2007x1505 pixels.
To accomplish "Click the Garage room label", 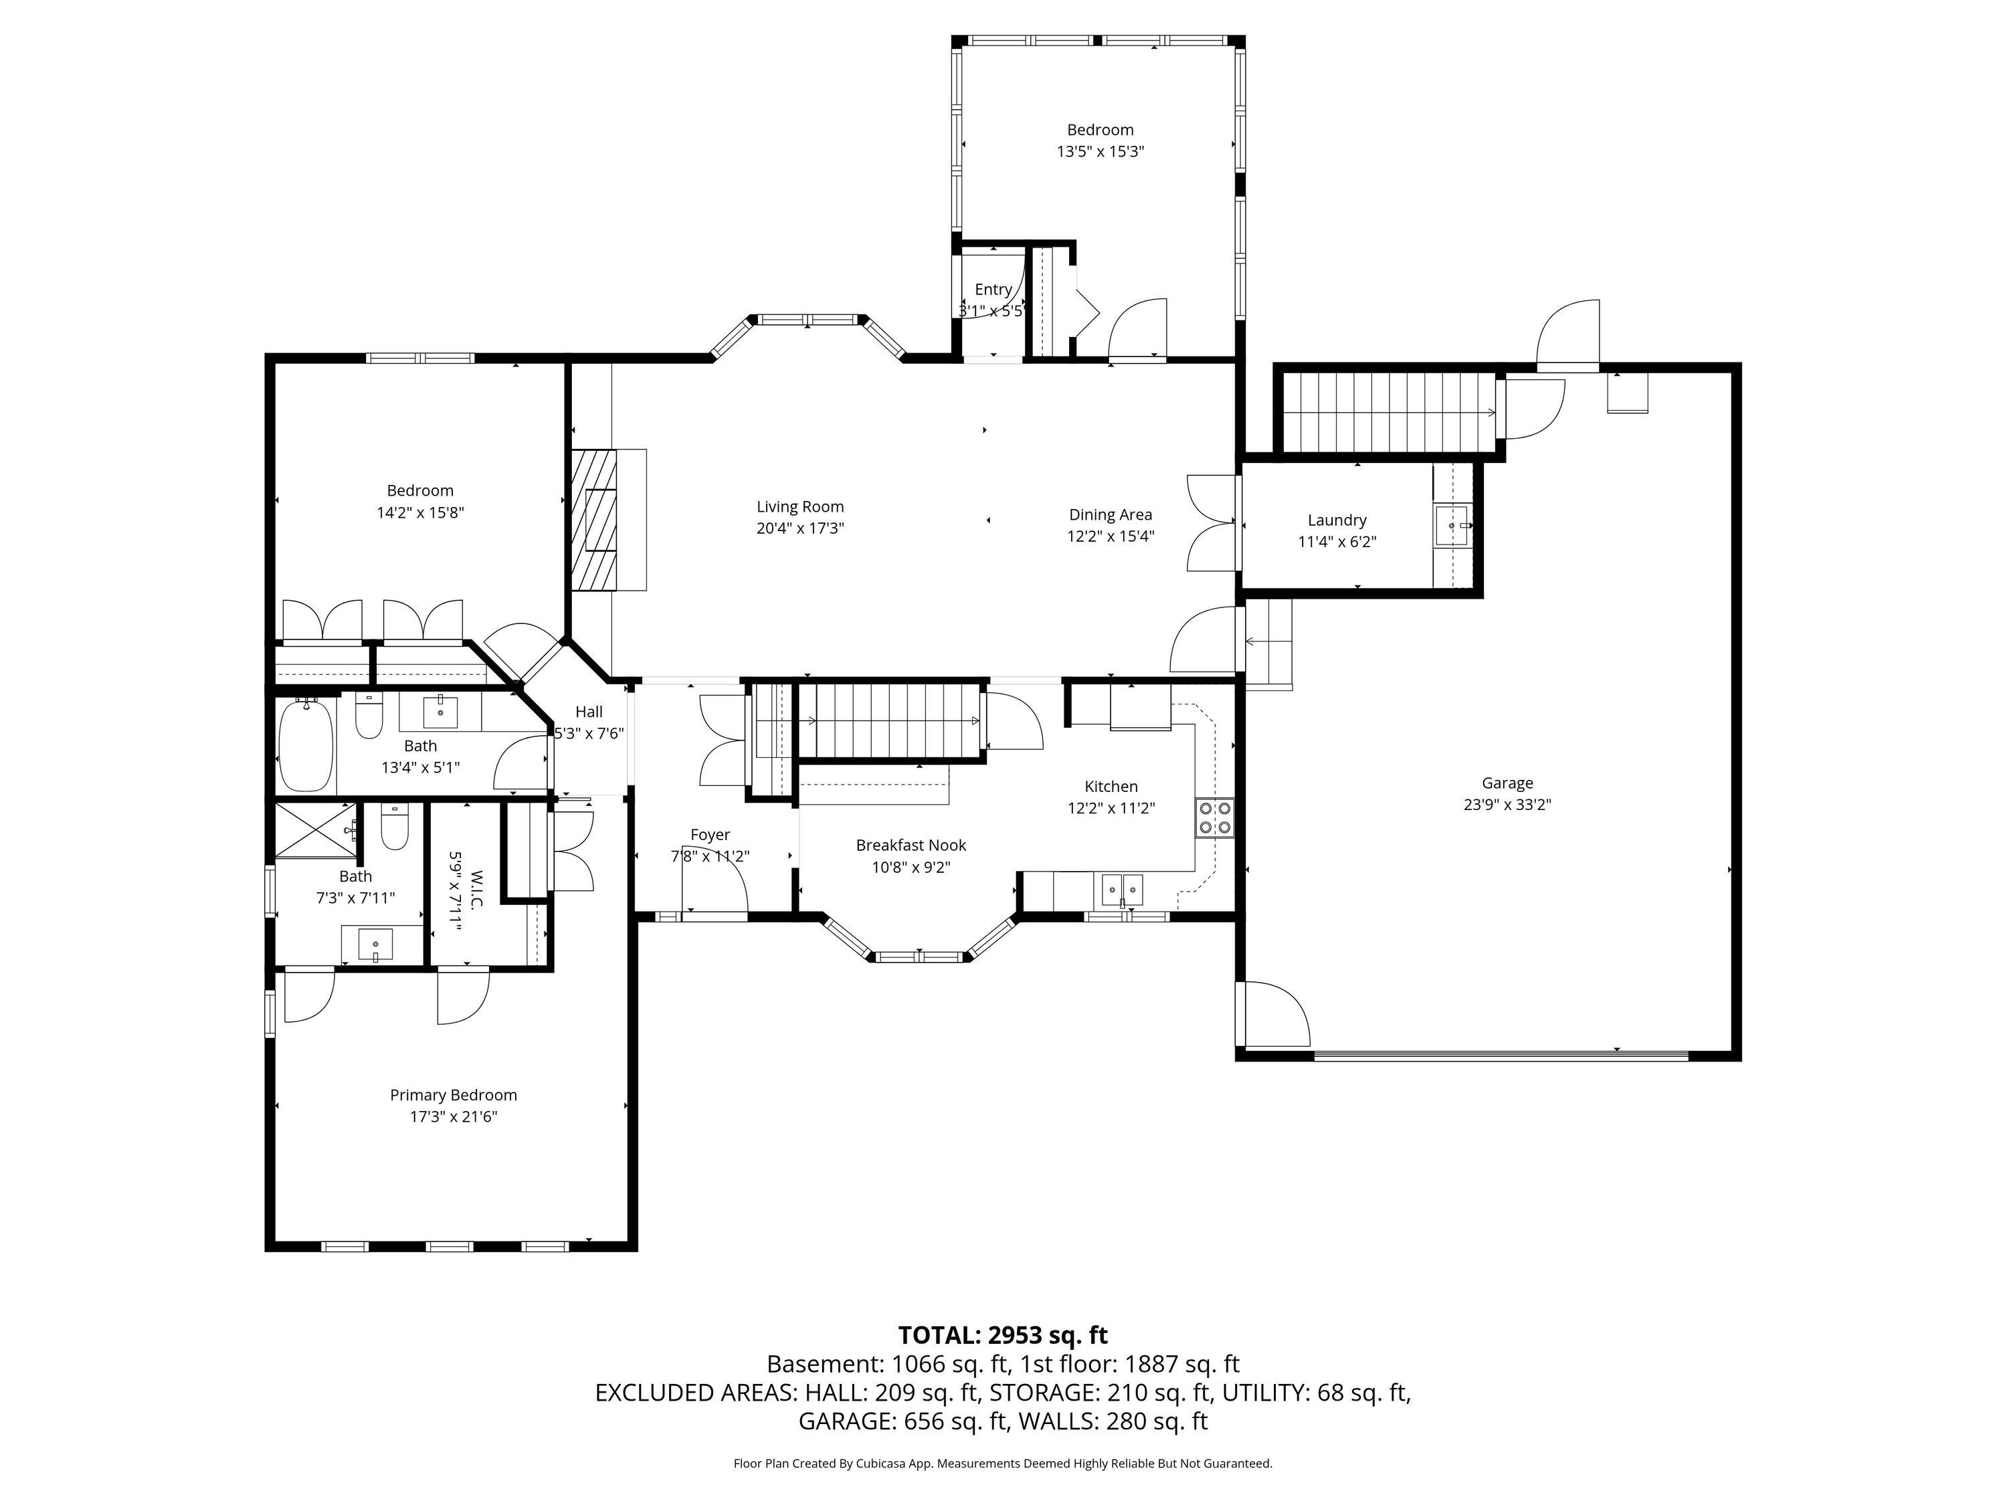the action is pos(1507,783).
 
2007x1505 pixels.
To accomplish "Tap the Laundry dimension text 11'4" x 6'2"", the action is pos(1337,542).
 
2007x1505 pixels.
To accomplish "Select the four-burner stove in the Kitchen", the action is pos(1214,817).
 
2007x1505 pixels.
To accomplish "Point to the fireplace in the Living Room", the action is pos(594,520).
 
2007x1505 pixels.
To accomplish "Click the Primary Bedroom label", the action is pos(454,1095).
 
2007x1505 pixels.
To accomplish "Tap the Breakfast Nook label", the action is pos(911,845).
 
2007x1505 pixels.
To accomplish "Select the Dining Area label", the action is pos(1111,514).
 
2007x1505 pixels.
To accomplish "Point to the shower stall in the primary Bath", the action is pos(314,829).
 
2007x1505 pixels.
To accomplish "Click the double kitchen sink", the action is pos(1123,890).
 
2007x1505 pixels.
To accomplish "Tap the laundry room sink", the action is pos(1451,525).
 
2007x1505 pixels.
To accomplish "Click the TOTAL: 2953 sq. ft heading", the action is pos(1003,1334).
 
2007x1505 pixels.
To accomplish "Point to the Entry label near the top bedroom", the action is pos(993,290).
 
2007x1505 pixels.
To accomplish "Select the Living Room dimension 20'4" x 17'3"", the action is pos(800,528).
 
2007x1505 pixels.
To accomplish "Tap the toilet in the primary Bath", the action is pos(395,827).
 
